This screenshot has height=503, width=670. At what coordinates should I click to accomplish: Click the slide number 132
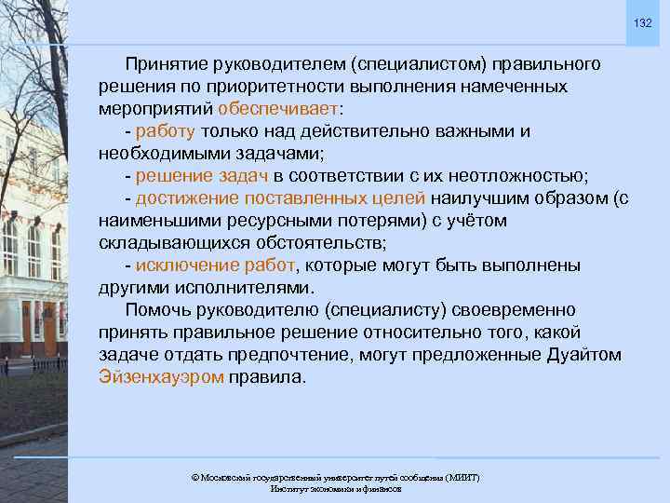643,22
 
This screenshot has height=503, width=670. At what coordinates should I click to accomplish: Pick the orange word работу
165,131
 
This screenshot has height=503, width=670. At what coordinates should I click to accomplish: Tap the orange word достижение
184,198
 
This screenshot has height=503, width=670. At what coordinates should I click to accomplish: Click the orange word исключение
184,265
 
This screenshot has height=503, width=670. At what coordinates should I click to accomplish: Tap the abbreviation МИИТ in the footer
462,478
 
